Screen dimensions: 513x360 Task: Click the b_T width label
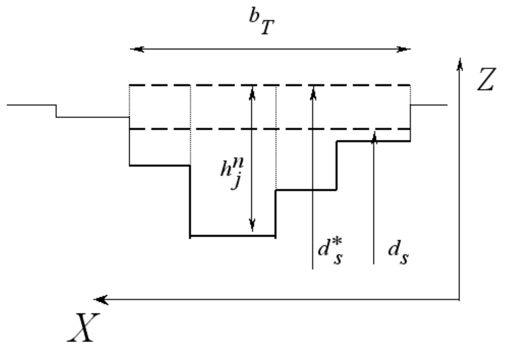coord(262,21)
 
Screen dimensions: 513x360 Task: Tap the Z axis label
coord(486,79)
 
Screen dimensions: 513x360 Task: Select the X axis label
coord(83,327)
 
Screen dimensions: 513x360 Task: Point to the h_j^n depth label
coord(232,173)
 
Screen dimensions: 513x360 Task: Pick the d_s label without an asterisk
coord(398,252)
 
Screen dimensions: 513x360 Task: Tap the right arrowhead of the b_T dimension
coord(404,49)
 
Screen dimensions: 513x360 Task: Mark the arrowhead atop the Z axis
coord(460,65)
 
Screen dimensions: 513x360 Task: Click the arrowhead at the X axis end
coord(101,299)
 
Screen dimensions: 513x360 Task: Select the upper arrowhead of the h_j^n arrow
coord(252,93)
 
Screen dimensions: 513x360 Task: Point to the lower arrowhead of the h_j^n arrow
coord(252,225)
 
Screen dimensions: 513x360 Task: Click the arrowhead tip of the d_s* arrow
coord(313,86)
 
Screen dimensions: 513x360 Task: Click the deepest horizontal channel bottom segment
coord(233,236)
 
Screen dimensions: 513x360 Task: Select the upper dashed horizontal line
coord(270,85)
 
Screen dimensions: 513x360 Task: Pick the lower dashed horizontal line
coord(270,129)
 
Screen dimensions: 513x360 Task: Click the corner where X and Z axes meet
coord(459,299)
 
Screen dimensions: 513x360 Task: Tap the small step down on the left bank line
coord(56,111)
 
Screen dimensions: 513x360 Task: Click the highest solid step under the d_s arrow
coord(374,141)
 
